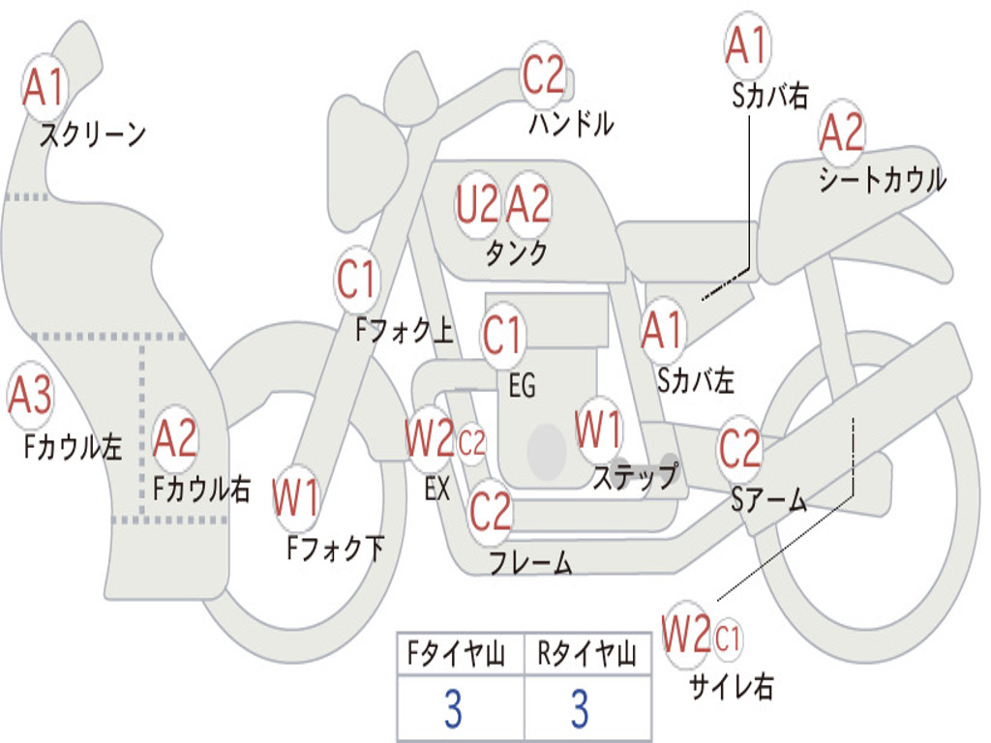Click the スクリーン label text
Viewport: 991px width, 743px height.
[x=92, y=134]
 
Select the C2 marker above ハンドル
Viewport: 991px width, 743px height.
[x=543, y=74]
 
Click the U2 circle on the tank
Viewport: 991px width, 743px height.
[x=477, y=204]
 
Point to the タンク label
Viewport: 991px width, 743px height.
[x=516, y=253]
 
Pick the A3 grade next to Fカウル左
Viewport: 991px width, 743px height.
[x=30, y=396]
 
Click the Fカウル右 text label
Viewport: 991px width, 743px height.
[x=202, y=489]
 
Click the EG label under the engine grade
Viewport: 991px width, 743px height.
[x=522, y=386]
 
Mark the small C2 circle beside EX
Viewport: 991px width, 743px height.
[x=471, y=445]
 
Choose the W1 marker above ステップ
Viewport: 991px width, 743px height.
[x=598, y=430]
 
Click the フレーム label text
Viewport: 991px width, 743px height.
[x=530, y=562]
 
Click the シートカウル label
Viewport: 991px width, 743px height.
[x=882, y=180]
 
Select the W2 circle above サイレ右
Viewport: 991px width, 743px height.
[x=686, y=635]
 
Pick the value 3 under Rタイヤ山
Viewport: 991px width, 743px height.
[x=579, y=709]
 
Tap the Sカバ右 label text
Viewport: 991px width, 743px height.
[x=770, y=96]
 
